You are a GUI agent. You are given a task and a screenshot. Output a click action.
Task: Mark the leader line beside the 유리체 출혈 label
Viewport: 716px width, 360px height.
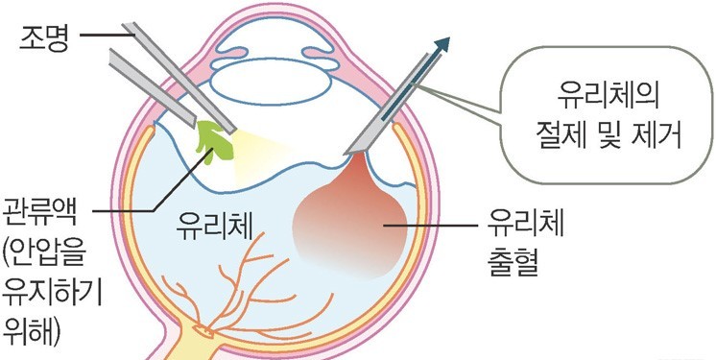click(x=441, y=226)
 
